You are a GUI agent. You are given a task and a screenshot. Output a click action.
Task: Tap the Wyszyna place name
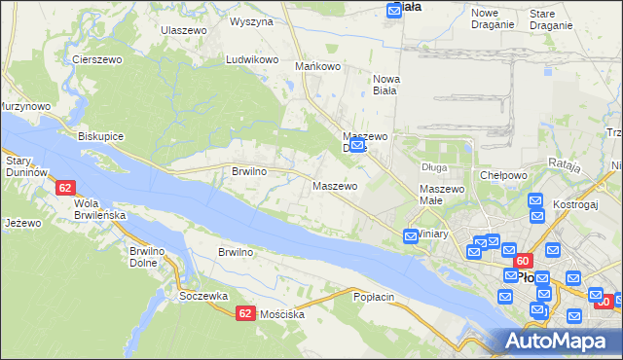click(x=251, y=20)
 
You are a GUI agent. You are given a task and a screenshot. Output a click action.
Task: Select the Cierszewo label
click(x=96, y=59)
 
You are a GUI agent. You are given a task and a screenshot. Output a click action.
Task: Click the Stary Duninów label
click(x=27, y=165)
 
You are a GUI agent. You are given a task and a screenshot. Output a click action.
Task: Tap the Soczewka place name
click(x=203, y=295)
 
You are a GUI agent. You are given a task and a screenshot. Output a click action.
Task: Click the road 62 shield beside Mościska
click(x=245, y=312)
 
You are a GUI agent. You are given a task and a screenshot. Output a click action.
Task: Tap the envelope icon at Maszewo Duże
click(x=357, y=147)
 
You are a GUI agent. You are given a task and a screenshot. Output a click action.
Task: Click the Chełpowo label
click(x=503, y=175)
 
